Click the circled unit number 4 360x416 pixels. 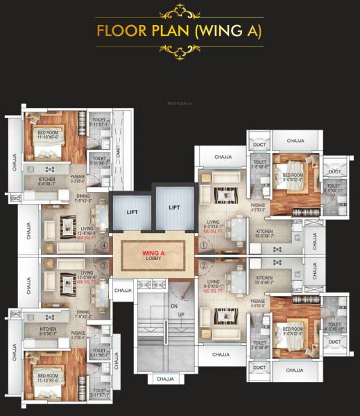point(105,245)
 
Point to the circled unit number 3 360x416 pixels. point(105,265)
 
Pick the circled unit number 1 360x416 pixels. point(203,245)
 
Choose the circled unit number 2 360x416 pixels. point(203,265)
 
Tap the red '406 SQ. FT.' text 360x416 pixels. point(65,283)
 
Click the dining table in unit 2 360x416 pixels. point(238,280)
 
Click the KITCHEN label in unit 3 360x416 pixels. point(47,329)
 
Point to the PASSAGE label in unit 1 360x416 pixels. point(258,207)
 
